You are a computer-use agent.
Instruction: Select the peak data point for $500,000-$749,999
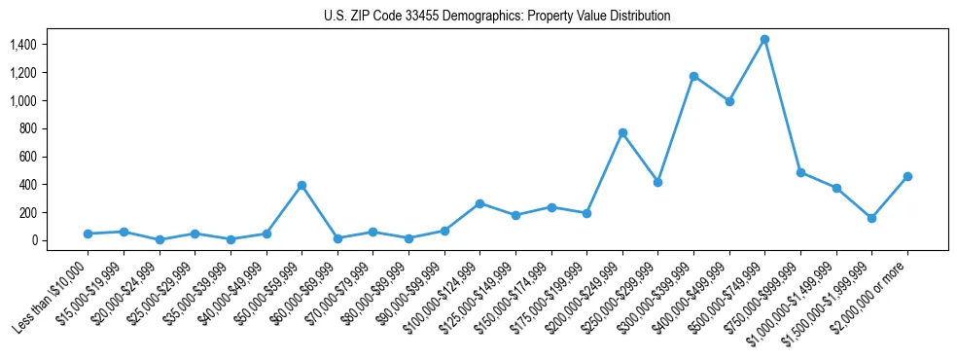point(764,40)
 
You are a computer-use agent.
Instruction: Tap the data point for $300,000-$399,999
point(693,76)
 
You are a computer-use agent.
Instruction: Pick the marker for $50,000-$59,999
point(301,185)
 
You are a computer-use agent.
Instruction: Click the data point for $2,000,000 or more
point(907,176)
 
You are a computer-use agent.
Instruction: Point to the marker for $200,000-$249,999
point(622,132)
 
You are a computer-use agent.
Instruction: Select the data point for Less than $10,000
point(88,234)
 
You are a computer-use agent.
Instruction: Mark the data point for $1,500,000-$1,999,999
point(871,218)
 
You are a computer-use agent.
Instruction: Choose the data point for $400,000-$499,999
point(729,101)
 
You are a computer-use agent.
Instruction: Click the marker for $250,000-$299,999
point(657,182)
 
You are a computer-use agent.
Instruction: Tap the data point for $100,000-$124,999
point(479,203)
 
